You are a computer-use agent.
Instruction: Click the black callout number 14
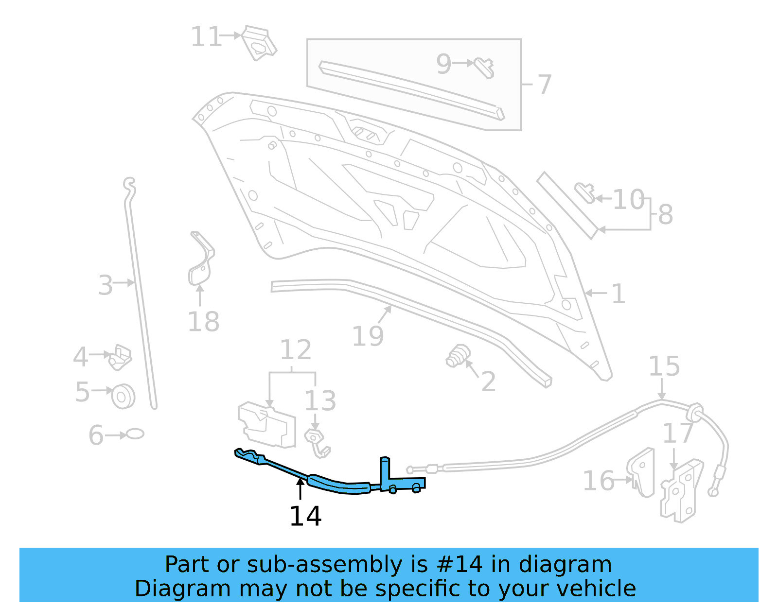coord(305,516)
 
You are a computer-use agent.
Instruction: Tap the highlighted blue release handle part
coord(336,484)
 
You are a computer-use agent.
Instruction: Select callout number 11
coord(206,37)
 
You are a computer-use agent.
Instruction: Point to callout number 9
coord(443,64)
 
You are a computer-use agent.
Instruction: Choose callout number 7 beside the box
coord(544,85)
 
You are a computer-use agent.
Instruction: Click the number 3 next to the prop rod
coord(106,285)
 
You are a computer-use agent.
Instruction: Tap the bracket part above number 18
coord(200,260)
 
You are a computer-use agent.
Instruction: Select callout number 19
coord(368,336)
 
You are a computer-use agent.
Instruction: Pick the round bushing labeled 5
coord(123,396)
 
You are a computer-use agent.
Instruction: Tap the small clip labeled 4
coord(120,357)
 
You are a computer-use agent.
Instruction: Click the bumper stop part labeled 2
coord(458,356)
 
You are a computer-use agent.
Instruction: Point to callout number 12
coord(296,350)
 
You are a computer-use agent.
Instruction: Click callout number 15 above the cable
coord(664,366)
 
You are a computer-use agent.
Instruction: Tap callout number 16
coord(599,481)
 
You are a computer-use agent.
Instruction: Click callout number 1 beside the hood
coord(618,294)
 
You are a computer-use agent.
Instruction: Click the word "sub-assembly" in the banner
coord(324,565)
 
